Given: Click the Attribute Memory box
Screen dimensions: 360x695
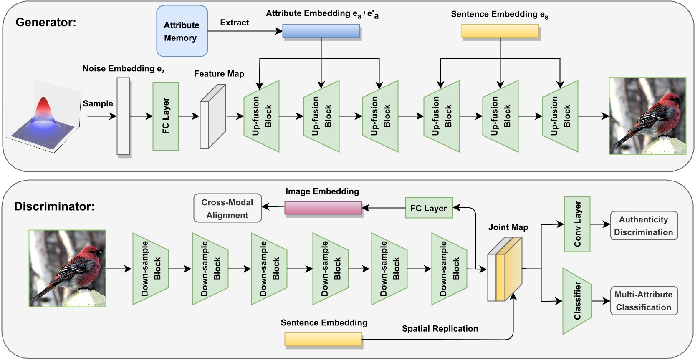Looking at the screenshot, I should pos(182,31).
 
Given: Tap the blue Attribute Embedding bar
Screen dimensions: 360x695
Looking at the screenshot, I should pos(321,31).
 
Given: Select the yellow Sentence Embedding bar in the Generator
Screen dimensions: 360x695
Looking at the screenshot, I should pos(500,31).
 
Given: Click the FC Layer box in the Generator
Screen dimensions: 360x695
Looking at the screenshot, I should pos(165,116).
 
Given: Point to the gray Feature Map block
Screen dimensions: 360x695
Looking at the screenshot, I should pos(212,116).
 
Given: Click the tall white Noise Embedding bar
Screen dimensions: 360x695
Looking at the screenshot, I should pos(123,116).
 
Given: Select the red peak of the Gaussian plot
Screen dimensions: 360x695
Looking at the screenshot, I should pos(43,106).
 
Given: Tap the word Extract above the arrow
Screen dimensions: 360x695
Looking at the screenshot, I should pos(234,23).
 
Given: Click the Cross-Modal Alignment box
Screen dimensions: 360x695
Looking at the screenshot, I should pos(227,208).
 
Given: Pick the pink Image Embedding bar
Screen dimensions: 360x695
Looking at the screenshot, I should pos(323,208).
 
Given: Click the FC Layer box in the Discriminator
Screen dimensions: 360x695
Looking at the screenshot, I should pos(428,208).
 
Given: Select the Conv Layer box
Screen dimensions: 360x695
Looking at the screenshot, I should pos(577,224).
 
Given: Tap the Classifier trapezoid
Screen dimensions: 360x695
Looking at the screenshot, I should pos(577,300).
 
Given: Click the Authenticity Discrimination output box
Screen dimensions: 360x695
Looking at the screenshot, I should pos(643,226).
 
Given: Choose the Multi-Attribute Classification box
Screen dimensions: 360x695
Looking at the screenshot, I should pos(643,301).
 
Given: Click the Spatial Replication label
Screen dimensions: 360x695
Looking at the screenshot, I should pos(440,329).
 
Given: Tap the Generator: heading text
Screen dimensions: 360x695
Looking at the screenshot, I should pos(46,22).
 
